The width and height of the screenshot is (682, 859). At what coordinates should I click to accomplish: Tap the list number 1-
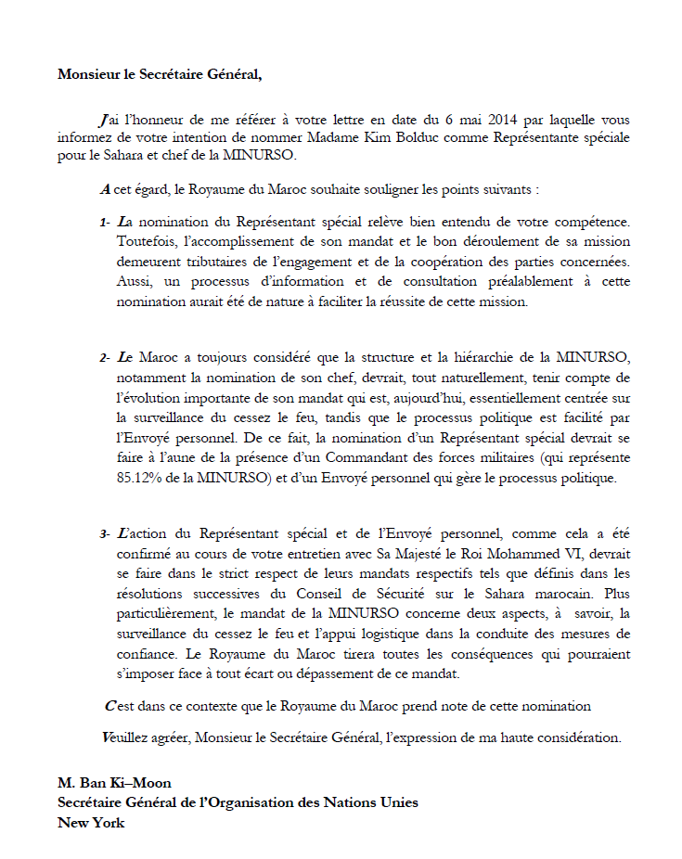pos(106,222)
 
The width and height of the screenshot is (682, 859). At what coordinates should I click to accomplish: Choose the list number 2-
pos(106,356)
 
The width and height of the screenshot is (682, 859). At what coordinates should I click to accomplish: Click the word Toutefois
pos(147,241)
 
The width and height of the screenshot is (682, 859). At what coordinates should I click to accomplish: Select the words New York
pos(91,822)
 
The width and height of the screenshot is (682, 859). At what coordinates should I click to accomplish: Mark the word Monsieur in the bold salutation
pos(91,74)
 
